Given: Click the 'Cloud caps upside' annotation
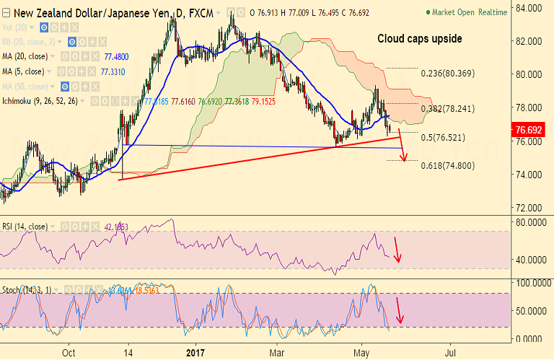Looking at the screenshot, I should coord(420,39).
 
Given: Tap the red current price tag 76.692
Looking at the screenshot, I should coord(534,131).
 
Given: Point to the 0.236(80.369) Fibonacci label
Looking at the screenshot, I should coord(448,73).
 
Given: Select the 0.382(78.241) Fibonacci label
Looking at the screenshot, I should coord(448,110).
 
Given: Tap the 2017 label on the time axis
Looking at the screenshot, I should coord(196,353).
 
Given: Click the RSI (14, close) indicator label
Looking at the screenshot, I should coord(25,227).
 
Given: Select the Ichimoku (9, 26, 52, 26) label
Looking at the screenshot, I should coord(42,102).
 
